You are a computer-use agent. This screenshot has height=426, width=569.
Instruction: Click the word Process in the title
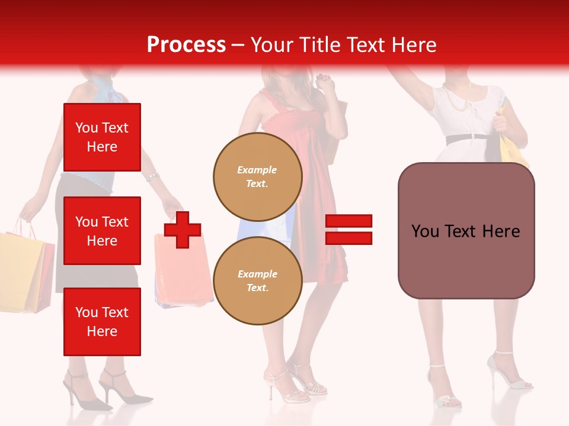pos(186,45)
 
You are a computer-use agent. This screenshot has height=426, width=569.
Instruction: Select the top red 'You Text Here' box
pos(102,137)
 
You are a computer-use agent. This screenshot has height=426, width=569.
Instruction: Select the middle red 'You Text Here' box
pos(102,231)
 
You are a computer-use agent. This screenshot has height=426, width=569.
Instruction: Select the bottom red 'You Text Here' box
pos(102,321)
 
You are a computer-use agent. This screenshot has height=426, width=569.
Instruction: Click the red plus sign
pos(183,230)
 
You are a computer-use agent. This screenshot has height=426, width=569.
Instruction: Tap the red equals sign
pos(349,230)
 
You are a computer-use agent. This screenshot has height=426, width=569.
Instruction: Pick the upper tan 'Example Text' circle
pos(257,177)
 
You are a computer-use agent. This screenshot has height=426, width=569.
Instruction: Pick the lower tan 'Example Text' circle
pos(257,281)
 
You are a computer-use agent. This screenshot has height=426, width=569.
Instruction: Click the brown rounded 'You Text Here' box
pos(466,231)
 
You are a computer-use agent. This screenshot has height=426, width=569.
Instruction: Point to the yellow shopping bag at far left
pos(21,269)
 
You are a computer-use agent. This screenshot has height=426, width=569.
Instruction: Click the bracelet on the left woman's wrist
pos(153,177)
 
